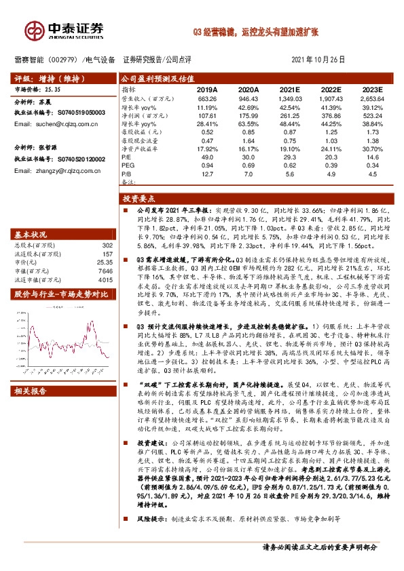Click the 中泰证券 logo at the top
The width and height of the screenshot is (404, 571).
click(x=64, y=30)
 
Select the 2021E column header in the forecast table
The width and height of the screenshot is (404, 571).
click(x=289, y=89)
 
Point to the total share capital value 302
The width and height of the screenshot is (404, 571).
click(x=107, y=245)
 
